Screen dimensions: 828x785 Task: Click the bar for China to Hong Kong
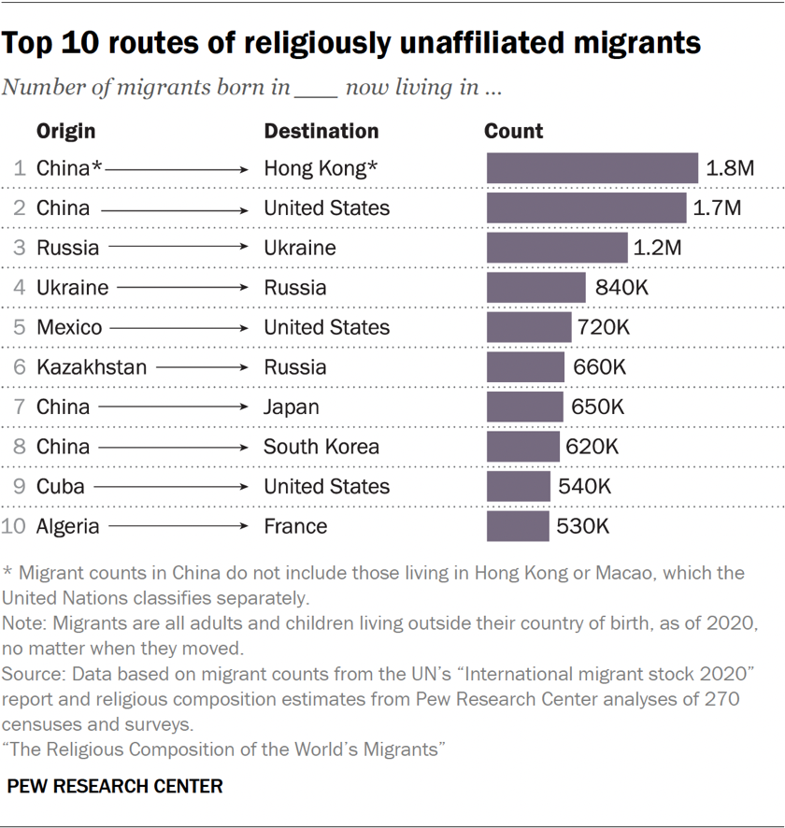tap(592, 168)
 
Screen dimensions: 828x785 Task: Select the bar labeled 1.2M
tap(557, 248)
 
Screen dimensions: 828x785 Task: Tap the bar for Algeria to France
tap(518, 526)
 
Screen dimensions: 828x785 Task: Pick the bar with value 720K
tap(529, 327)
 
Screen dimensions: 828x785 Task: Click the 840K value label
tap(621, 288)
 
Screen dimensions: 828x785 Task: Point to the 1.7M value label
tap(717, 207)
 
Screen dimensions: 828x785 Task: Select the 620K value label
tap(592, 447)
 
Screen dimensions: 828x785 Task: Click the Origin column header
tap(65, 132)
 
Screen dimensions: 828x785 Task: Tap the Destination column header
tap(321, 132)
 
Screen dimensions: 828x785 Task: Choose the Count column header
tap(513, 132)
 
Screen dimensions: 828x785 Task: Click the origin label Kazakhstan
tap(92, 367)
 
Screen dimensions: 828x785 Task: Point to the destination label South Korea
tap(321, 447)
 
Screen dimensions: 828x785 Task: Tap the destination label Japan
tap(292, 407)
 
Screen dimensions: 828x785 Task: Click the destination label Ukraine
tap(300, 248)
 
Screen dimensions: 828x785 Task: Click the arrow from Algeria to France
tap(177, 527)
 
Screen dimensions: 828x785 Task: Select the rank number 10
tap(13, 526)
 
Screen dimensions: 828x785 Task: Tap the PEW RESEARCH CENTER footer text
tap(115, 786)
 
